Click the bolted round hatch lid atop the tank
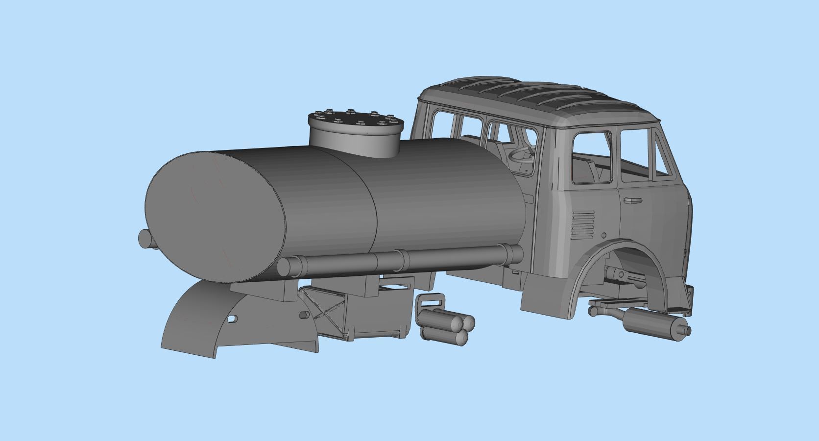356,121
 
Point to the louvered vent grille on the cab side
582,225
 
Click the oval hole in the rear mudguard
233,319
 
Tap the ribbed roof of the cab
534,96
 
